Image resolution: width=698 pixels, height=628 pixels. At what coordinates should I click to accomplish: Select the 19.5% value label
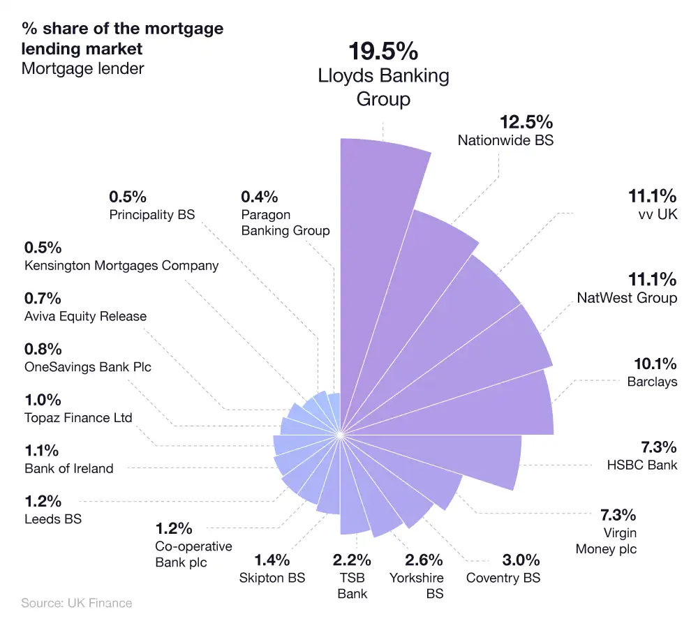click(383, 52)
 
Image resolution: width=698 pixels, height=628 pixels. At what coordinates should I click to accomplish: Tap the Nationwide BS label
click(505, 140)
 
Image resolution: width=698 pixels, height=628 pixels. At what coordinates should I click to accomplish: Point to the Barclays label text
click(652, 382)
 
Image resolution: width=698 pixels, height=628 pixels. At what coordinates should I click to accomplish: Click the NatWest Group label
click(627, 298)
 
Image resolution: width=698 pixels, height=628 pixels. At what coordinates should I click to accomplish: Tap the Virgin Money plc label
click(606, 541)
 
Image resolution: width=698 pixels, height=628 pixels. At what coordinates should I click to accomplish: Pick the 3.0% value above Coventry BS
click(521, 560)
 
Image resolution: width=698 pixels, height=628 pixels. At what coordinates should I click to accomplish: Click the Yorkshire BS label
click(416, 585)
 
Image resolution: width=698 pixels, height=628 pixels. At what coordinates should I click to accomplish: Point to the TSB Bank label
click(352, 585)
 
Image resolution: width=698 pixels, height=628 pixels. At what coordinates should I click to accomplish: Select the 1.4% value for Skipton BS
click(272, 560)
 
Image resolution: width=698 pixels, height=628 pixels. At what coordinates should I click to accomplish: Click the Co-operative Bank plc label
click(194, 554)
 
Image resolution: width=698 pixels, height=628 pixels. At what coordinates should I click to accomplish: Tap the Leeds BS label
click(53, 519)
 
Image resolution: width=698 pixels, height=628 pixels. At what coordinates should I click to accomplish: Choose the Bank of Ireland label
click(68, 468)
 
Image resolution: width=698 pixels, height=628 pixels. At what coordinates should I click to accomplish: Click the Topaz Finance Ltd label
click(78, 418)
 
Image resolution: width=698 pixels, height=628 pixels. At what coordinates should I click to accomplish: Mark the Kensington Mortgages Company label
click(121, 265)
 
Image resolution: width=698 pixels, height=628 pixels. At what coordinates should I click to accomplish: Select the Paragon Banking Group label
click(285, 223)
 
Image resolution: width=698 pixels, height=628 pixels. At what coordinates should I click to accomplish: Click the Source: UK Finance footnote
click(76, 603)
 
